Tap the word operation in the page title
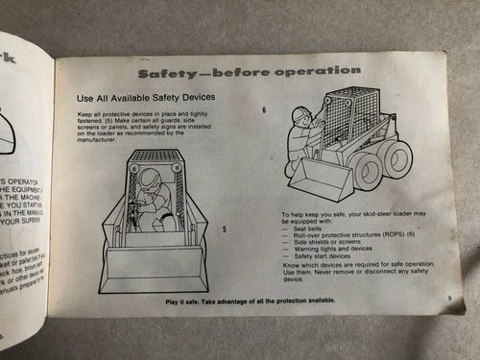click(319, 71)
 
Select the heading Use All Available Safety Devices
click(146, 99)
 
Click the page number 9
click(448, 297)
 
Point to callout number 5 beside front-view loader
click(224, 228)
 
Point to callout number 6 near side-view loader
click(263, 109)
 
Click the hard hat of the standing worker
click(300, 116)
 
